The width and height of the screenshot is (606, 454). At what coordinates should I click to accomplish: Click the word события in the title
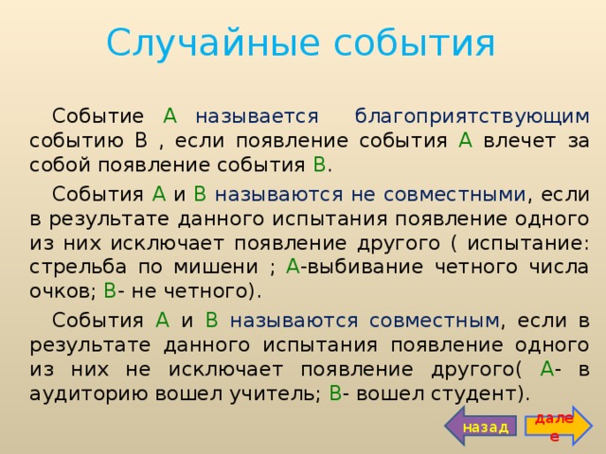pyautogui.click(x=405, y=43)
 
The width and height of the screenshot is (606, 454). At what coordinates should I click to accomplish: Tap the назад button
pyautogui.click(x=485, y=427)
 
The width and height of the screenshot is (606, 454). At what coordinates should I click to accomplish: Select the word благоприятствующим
pyautogui.click(x=472, y=116)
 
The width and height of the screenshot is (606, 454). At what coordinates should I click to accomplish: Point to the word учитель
pyautogui.click(x=276, y=393)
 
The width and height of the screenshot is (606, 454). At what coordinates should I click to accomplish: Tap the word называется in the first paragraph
pyautogui.click(x=255, y=116)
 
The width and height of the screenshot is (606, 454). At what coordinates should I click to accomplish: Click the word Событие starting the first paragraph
pyautogui.click(x=96, y=116)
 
